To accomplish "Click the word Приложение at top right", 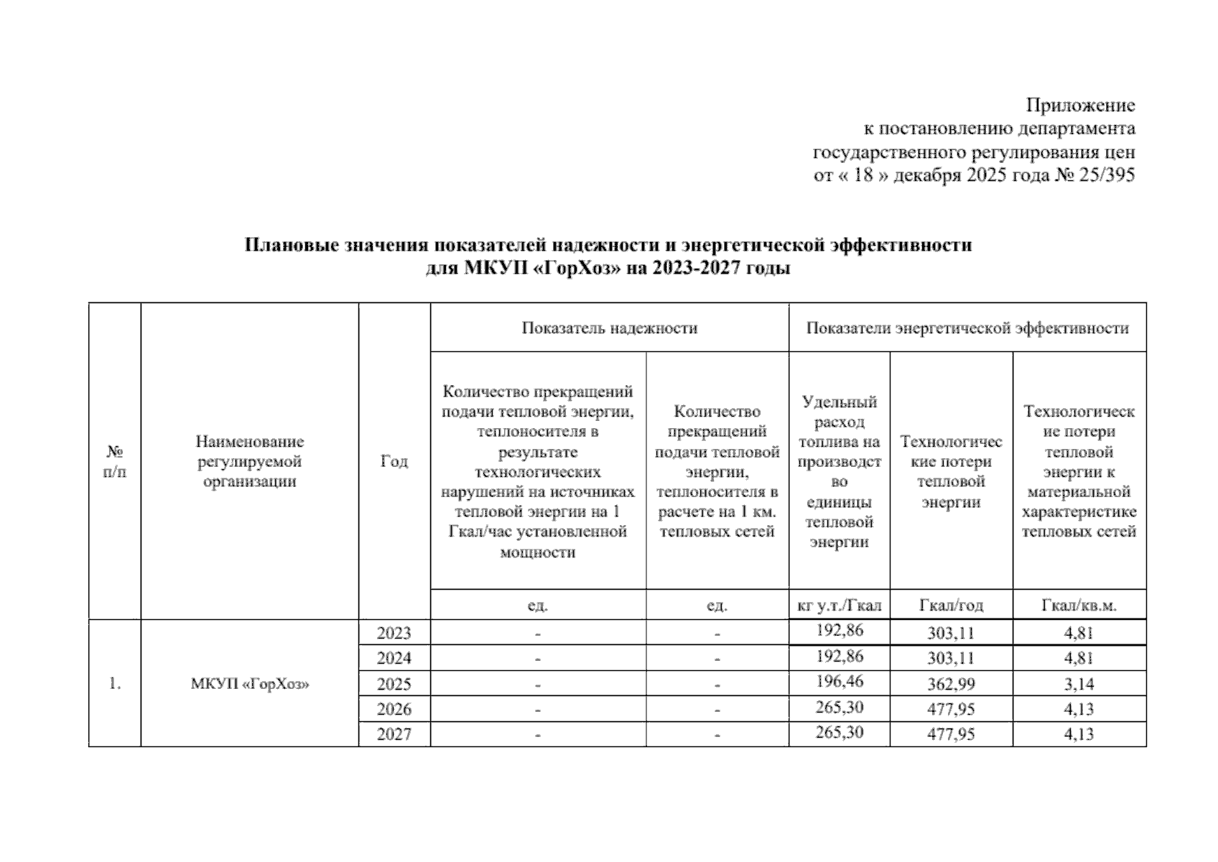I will tap(1080, 106).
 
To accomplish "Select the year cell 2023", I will tap(394, 634).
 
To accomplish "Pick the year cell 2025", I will tap(394, 684).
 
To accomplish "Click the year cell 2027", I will tap(394, 734).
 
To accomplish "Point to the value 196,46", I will tap(840, 681).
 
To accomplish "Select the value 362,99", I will tap(951, 684).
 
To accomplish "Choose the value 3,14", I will tap(1079, 684).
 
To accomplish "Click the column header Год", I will tap(394, 461).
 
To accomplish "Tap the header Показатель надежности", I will tap(609, 328).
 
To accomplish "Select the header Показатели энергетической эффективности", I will tap(967, 328).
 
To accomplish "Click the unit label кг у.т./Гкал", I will tap(840, 606).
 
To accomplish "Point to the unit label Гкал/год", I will tap(951, 606).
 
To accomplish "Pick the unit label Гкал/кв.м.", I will tap(1079, 606).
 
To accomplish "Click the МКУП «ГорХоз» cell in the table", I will tap(249, 684).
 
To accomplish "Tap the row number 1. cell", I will tap(115, 684).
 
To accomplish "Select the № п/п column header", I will tap(115, 462).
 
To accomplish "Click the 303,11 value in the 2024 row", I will tap(951, 659).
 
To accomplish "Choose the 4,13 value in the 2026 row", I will tap(1079, 709).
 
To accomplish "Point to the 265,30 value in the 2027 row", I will tap(840, 732).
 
